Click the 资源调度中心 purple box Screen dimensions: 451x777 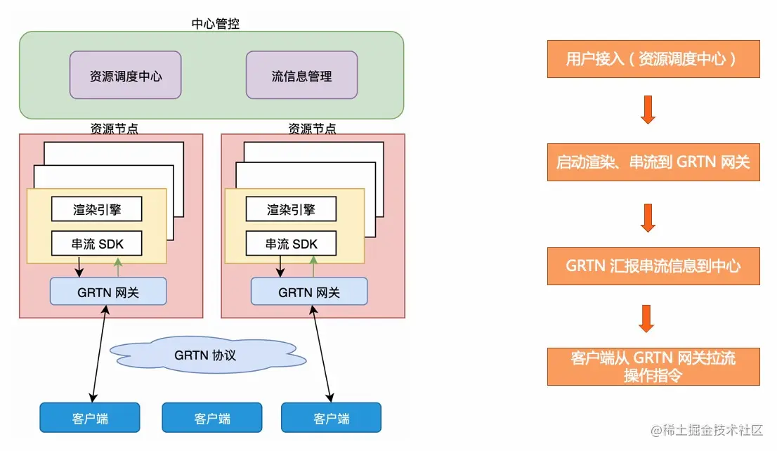(125, 75)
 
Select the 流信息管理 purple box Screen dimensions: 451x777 (301, 75)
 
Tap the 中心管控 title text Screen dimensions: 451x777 (215, 24)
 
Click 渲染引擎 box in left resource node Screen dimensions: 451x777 (97, 209)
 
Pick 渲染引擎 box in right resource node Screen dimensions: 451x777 (291, 209)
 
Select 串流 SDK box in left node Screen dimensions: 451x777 (97, 244)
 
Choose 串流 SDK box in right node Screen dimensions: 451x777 (291, 244)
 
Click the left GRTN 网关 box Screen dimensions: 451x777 (108, 291)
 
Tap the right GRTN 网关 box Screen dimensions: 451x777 (309, 291)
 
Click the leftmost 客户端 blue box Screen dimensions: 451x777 (89, 417)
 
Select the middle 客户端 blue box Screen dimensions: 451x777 (211, 417)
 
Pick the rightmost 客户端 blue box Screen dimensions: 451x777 (331, 417)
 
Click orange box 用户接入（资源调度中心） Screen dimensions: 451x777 (653, 59)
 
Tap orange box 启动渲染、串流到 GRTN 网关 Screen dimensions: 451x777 (653, 162)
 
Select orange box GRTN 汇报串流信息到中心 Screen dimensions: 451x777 (653, 266)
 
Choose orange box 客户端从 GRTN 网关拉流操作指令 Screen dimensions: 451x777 (653, 366)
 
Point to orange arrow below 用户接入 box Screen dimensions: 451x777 (648, 110)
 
